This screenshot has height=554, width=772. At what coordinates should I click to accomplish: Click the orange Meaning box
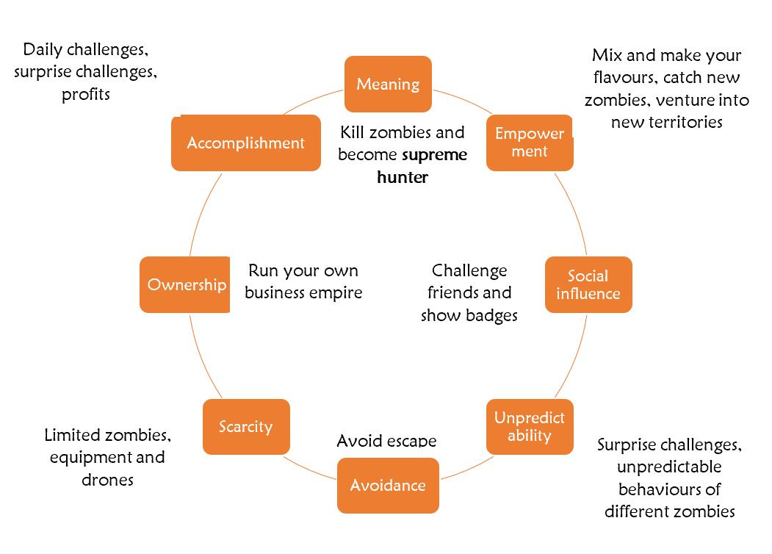[388, 84]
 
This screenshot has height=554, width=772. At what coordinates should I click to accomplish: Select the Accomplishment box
[245, 143]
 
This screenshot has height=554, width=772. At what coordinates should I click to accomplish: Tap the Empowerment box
[529, 143]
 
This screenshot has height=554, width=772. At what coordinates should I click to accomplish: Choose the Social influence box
[588, 284]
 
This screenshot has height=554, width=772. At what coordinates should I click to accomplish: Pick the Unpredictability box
[529, 426]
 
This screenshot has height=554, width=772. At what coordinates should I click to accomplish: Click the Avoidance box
[388, 485]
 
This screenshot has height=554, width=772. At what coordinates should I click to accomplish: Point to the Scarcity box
[245, 426]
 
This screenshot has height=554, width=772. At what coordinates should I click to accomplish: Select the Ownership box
[186, 284]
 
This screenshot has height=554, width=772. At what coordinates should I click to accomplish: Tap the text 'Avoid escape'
[386, 441]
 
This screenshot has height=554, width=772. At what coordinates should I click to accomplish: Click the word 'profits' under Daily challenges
[86, 95]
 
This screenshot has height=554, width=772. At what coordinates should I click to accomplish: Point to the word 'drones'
[107, 480]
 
